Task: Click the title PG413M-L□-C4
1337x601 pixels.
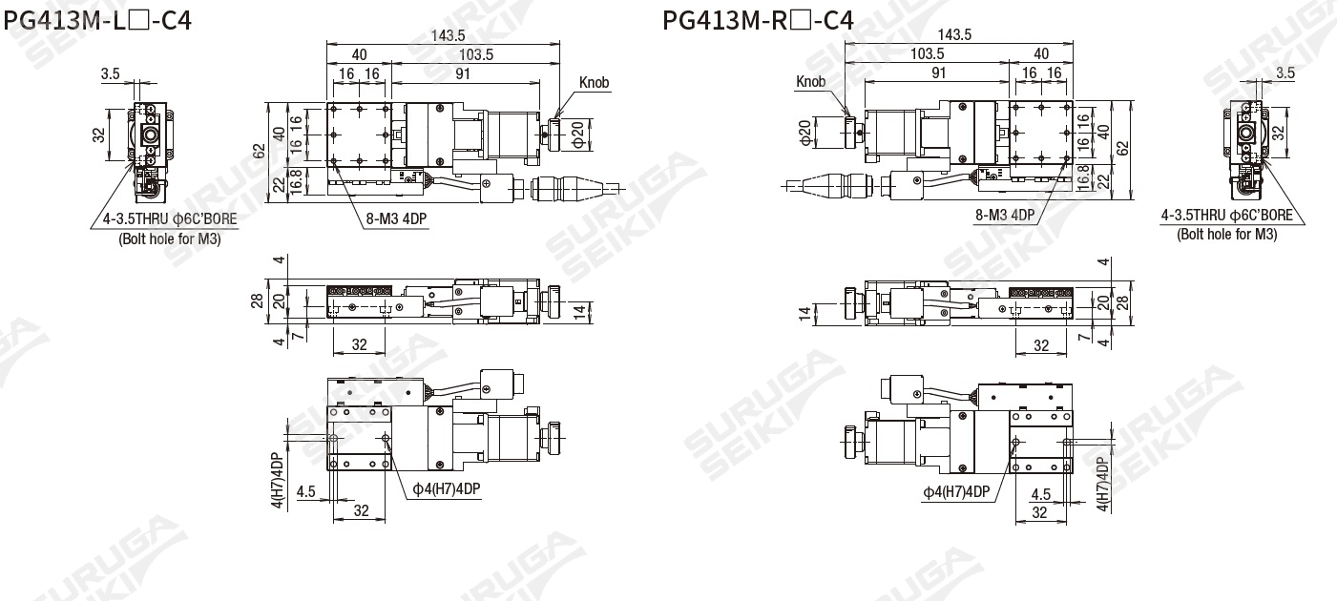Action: pyautogui.click(x=97, y=21)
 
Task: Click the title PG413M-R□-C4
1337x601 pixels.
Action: pyautogui.click(x=758, y=21)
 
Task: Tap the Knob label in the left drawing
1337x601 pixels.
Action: pyautogui.click(x=594, y=82)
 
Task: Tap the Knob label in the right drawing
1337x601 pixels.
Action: pyautogui.click(x=810, y=81)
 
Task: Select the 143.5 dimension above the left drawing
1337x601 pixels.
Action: pyautogui.click(x=448, y=35)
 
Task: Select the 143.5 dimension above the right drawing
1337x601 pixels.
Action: pyautogui.click(x=954, y=34)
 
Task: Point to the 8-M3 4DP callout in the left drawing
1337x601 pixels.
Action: pyautogui.click(x=396, y=219)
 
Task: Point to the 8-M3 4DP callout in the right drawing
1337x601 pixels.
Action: pyautogui.click(x=1005, y=215)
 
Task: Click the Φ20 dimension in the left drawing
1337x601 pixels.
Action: pyautogui.click(x=577, y=135)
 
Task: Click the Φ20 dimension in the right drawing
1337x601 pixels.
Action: pyautogui.click(x=805, y=134)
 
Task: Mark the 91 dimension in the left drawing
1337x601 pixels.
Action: pyautogui.click(x=463, y=74)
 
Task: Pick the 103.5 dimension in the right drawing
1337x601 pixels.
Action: pyautogui.click(x=927, y=53)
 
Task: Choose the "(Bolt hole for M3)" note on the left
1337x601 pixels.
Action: pyautogui.click(x=170, y=239)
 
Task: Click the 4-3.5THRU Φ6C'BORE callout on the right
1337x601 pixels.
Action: pyautogui.click(x=1227, y=216)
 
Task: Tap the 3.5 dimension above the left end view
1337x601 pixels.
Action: pyautogui.click(x=111, y=74)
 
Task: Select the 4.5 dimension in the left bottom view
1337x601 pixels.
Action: pyautogui.click(x=306, y=491)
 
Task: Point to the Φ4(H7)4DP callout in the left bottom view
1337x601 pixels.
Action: pyautogui.click(x=447, y=489)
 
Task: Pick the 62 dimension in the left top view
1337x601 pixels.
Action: pyautogui.click(x=259, y=151)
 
